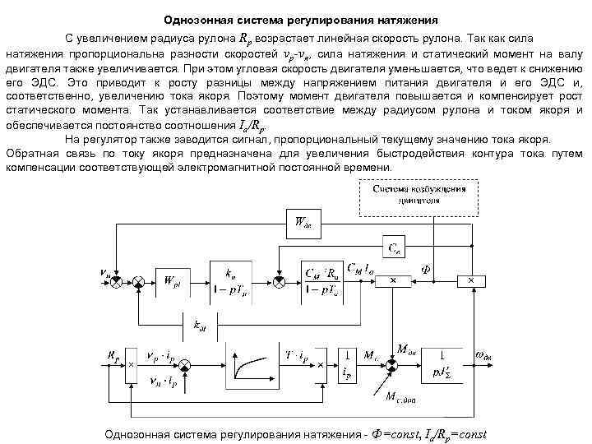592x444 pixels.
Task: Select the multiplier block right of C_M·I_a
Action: point(392,281)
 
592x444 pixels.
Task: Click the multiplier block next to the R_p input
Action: point(130,364)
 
